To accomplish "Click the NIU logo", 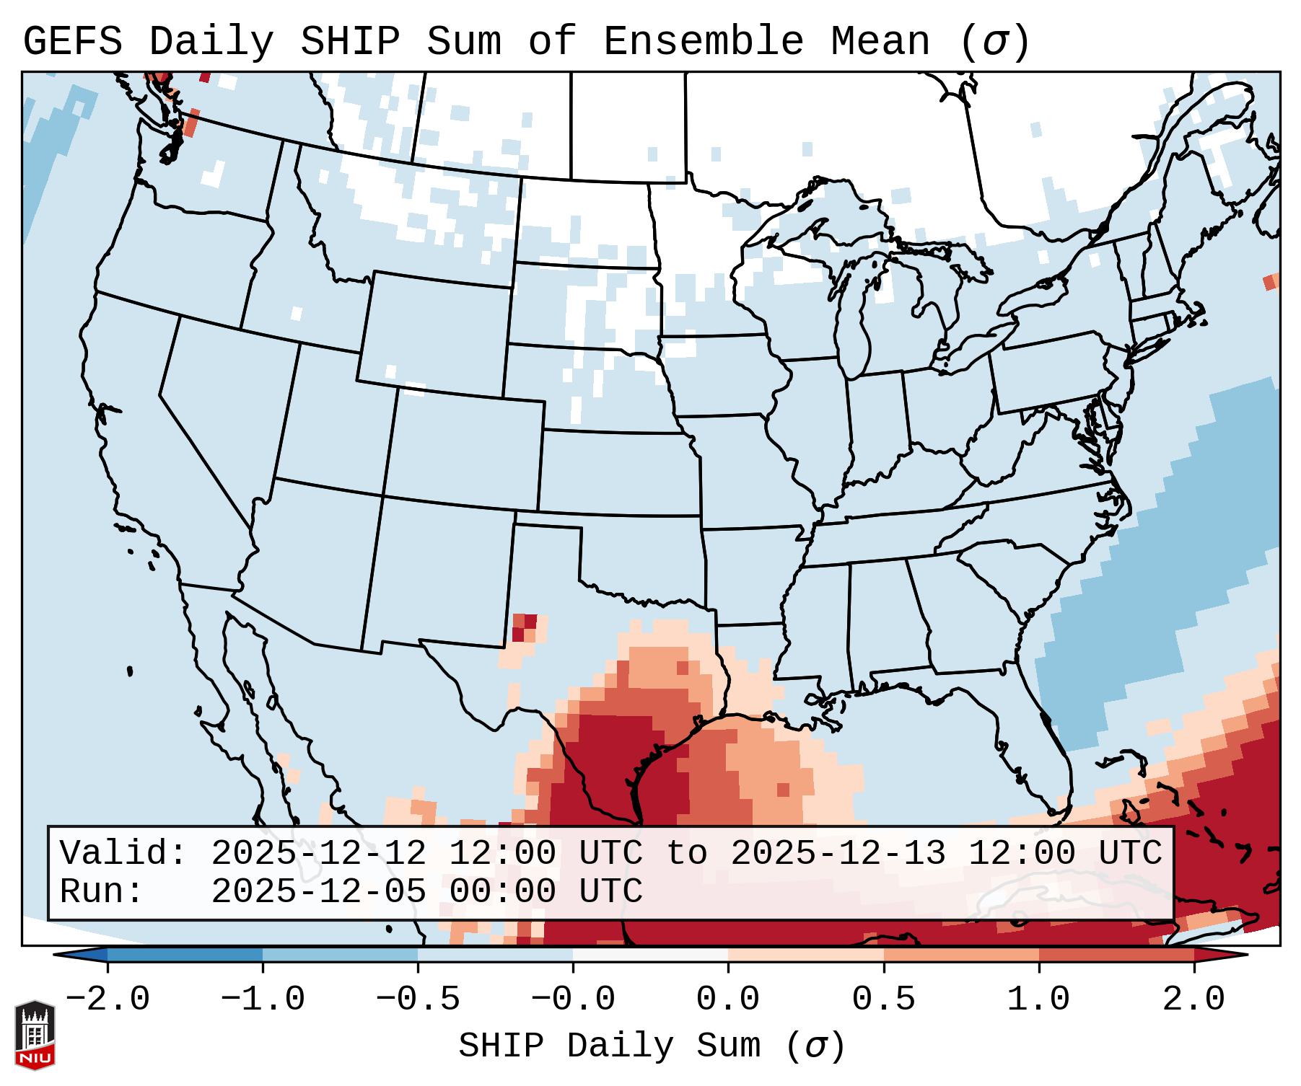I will (35, 1034).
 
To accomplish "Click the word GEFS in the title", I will (72, 42).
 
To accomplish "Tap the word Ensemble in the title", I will (703, 42).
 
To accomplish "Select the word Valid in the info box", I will (121, 854).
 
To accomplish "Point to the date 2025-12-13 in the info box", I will (838, 854).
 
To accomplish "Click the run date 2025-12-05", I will (318, 892).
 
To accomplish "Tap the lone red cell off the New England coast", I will (1269, 283).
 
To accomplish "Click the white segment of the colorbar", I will (650, 955).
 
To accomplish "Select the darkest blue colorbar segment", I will (185, 955).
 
